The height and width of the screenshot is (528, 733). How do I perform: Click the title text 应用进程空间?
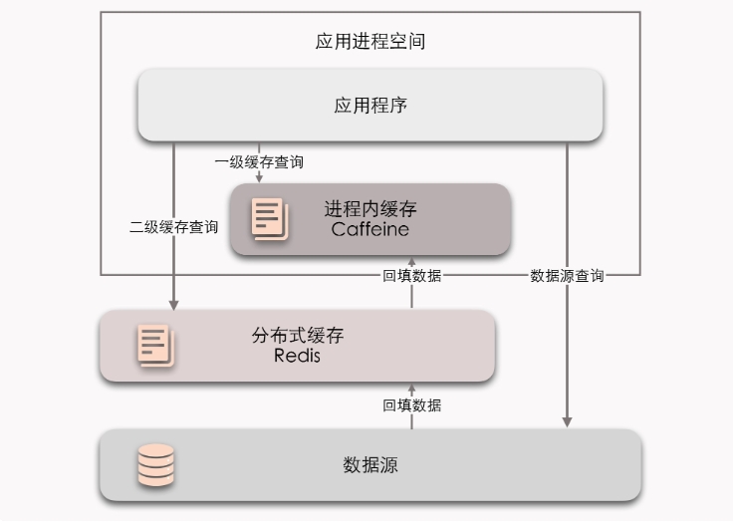(370, 42)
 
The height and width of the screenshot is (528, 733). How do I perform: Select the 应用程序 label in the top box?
(370, 105)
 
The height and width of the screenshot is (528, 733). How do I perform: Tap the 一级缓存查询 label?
(259, 160)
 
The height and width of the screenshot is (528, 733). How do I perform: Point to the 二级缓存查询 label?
(174, 227)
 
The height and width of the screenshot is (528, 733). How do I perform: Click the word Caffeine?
(370, 230)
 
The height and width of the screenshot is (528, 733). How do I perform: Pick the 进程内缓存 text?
(370, 209)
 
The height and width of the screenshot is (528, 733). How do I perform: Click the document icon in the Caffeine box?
(269, 219)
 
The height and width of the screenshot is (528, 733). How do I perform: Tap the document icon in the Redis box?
(154, 346)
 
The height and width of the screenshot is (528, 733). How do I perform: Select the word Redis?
(297, 356)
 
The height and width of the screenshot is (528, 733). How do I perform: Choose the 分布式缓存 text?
(297, 336)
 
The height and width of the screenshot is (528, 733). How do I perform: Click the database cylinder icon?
(155, 465)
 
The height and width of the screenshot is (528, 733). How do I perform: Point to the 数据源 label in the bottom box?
(370, 465)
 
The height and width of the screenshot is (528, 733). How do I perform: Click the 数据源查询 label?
(567, 277)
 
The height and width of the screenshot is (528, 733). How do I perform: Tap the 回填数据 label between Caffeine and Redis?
(412, 277)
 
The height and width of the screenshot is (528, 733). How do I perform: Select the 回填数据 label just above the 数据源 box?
(412, 405)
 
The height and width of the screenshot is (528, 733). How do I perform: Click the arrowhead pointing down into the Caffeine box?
(260, 178)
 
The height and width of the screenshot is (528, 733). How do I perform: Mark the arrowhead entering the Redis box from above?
(174, 303)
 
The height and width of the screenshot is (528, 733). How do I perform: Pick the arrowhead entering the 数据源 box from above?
(567, 422)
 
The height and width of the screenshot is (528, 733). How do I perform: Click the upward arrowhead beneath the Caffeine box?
(412, 261)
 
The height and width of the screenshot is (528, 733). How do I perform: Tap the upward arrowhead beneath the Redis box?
(412, 388)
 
